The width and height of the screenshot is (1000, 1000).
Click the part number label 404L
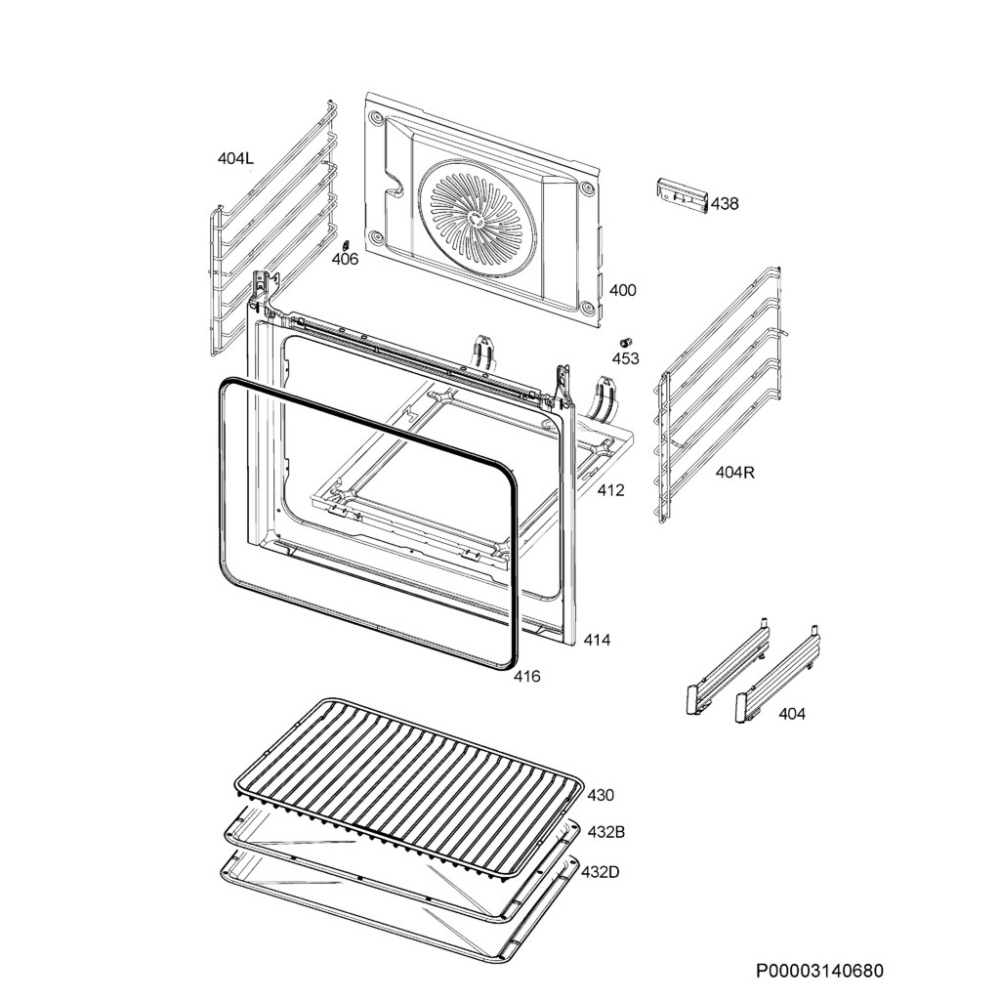pyautogui.click(x=235, y=157)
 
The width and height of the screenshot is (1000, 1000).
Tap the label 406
pyautogui.click(x=345, y=260)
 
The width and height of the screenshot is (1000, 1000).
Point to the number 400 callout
pyautogui.click(x=622, y=290)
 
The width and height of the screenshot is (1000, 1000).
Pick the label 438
pyautogui.click(x=725, y=204)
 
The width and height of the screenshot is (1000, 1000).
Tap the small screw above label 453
pyautogui.click(x=625, y=342)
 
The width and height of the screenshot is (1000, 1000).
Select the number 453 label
pyautogui.click(x=625, y=358)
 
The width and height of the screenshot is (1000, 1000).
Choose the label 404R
pyautogui.click(x=734, y=473)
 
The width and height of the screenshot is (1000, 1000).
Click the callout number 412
pyautogui.click(x=610, y=490)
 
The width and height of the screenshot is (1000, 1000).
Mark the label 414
pyautogui.click(x=597, y=641)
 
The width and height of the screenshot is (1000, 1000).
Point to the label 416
pyautogui.click(x=526, y=677)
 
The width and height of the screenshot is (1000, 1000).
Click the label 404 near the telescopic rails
pyautogui.click(x=792, y=714)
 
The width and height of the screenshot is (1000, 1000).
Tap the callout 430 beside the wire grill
pyautogui.click(x=601, y=795)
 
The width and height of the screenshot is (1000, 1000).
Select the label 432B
pyautogui.click(x=605, y=832)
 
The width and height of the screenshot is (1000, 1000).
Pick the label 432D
pyautogui.click(x=600, y=871)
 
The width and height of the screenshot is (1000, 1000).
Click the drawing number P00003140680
pyautogui.click(x=819, y=971)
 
